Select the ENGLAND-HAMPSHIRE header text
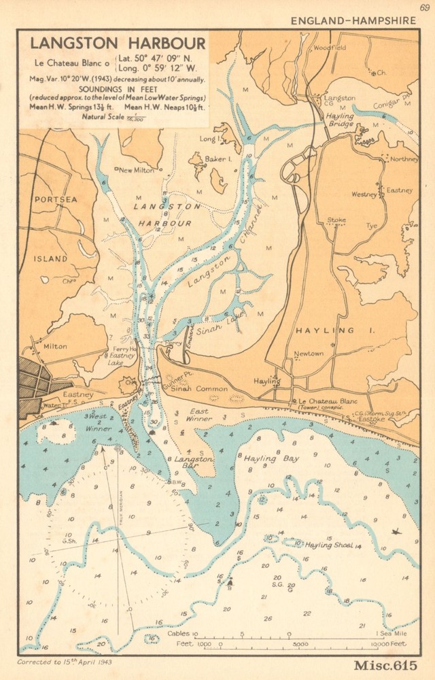click(x=353, y=20)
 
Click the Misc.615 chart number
click(x=385, y=666)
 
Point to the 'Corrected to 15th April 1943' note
click(x=65, y=662)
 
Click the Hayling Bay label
click(x=271, y=459)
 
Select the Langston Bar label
click(x=194, y=460)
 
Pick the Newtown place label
click(x=309, y=354)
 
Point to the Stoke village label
click(x=336, y=220)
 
